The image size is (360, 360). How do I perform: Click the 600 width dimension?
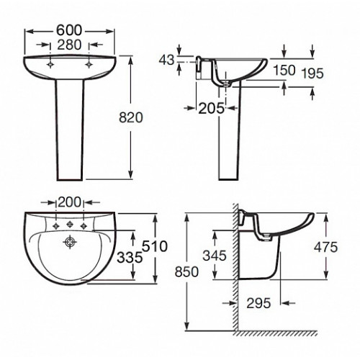69,30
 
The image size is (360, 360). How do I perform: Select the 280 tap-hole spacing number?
69,45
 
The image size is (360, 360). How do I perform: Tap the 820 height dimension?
131,117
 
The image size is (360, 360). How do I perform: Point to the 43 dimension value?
166,60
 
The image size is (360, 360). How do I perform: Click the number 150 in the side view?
284,71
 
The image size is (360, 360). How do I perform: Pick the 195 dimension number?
312,73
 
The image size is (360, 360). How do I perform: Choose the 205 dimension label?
211,109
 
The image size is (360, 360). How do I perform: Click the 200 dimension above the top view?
69,202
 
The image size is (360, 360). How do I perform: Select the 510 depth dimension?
155,246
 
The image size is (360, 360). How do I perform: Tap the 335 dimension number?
130,258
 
